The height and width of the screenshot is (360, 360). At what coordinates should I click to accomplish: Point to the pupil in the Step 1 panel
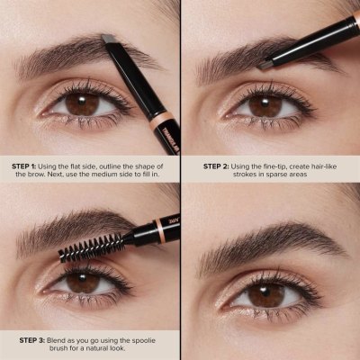[81, 104]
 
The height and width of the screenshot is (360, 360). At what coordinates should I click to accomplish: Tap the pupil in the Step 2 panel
[266, 105]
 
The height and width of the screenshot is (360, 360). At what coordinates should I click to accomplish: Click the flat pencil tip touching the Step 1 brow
[108, 39]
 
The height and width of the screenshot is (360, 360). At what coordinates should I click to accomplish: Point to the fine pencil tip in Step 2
[267, 64]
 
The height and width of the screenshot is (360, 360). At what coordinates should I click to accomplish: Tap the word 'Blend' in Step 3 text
[72, 339]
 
